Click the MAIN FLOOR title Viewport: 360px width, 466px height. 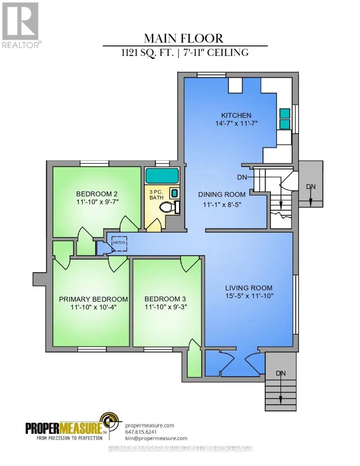pyautogui.click(x=184, y=38)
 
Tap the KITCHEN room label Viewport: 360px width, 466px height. pyautogui.click(x=236, y=115)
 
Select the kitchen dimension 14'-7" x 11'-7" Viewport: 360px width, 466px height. pyautogui.click(x=236, y=124)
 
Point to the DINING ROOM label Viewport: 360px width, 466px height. pyautogui.click(x=222, y=195)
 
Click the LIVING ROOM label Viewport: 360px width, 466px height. pyautogui.click(x=249, y=288)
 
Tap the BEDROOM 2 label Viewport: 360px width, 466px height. pyautogui.click(x=97, y=194)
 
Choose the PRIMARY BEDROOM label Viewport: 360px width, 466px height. pyautogui.click(x=93, y=299)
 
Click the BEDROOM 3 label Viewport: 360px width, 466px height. pyautogui.click(x=165, y=299)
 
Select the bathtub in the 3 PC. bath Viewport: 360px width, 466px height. pyautogui.click(x=162, y=176)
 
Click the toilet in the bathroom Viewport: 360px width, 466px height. pyautogui.click(x=169, y=207)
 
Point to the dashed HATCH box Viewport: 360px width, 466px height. pyautogui.click(x=119, y=244)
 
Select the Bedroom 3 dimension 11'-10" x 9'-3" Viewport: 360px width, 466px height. pyautogui.click(x=166, y=307)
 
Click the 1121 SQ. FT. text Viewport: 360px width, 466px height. pyautogui.click(x=147, y=53)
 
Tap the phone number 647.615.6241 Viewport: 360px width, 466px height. pyautogui.click(x=141, y=432)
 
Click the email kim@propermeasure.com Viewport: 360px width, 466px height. pyautogui.click(x=156, y=438)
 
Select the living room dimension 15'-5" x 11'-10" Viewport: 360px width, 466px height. pyautogui.click(x=249, y=296)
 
